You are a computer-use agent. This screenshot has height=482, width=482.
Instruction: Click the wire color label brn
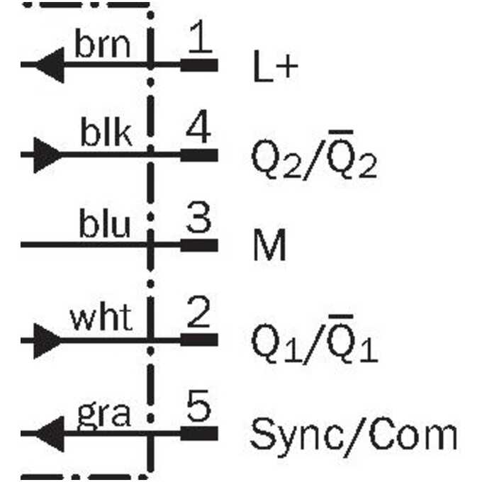tap(102, 44)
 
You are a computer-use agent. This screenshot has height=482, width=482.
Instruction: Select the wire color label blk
tap(106, 132)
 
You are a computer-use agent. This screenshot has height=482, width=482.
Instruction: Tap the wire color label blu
tap(104, 223)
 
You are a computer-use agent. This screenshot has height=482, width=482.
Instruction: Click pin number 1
tap(201, 35)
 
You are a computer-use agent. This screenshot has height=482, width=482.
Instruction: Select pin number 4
tap(198, 126)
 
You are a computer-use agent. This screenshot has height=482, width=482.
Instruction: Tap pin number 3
tap(198, 217)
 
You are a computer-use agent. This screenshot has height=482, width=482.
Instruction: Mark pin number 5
tap(198, 405)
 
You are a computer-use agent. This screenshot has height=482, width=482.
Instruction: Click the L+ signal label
tap(276, 66)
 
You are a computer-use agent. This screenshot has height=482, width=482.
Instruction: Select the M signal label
tap(269, 245)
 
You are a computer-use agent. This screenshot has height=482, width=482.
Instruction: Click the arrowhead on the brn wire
tap(50, 65)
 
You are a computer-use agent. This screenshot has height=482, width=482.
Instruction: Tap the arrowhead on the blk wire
tap(48, 155)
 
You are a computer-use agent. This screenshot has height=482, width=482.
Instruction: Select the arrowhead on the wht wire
tap(48, 341)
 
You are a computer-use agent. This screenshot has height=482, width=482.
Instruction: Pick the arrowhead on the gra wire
tap(50, 434)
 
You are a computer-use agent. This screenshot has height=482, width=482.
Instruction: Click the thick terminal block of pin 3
tap(199, 245)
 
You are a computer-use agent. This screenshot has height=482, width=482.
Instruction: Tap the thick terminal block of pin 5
tap(199, 433)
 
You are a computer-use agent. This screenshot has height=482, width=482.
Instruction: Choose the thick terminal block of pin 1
tap(199, 65)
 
